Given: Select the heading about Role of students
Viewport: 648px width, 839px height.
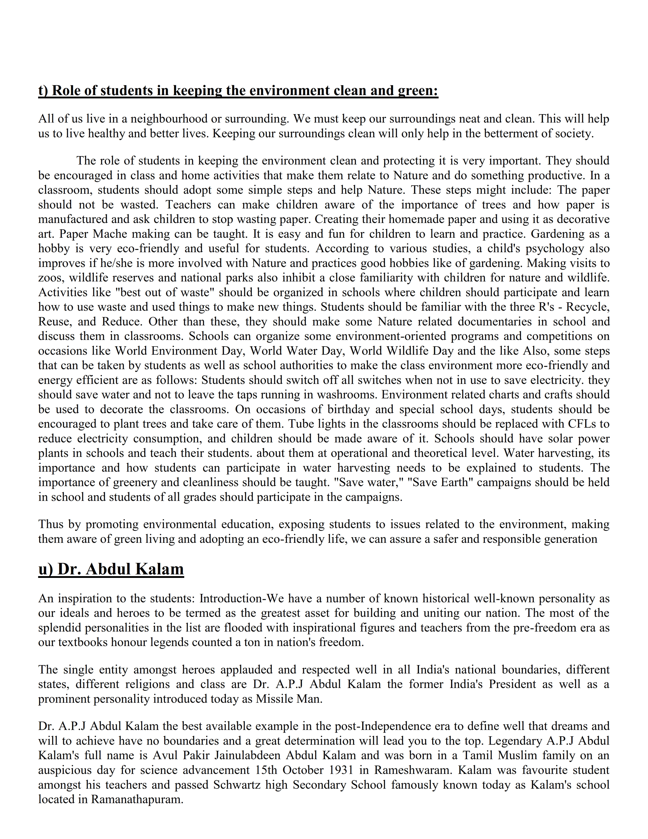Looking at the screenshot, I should [238, 91].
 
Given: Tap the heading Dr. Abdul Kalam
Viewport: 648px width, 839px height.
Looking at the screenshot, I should [111, 569].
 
